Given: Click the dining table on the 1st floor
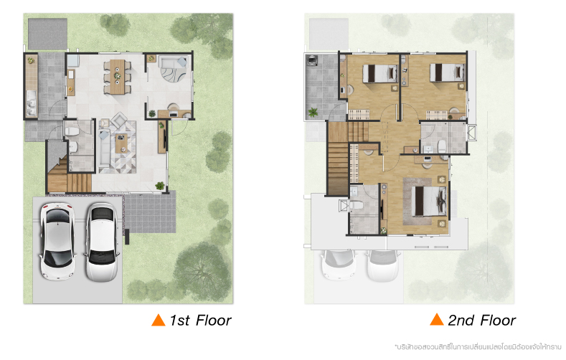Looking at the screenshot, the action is [x=117, y=77].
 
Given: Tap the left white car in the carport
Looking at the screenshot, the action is [x=58, y=242].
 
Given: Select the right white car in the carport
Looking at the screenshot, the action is [x=102, y=242].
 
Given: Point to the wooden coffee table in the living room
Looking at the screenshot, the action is [x=121, y=143].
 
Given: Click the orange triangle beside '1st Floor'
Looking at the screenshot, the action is [x=158, y=321].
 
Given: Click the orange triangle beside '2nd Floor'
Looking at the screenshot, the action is [x=437, y=320].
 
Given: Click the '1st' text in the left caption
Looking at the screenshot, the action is [x=179, y=321].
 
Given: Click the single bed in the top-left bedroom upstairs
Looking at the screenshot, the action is [x=379, y=73].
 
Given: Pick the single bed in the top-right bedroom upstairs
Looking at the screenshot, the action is [x=447, y=72].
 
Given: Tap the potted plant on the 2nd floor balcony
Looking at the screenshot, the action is [x=313, y=113].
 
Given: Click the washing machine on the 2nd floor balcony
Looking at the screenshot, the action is [x=311, y=60].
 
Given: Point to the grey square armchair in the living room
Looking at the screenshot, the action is [x=119, y=120].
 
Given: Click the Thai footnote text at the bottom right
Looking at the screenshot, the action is [x=478, y=347].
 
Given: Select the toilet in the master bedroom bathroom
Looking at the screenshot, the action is [x=356, y=205].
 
